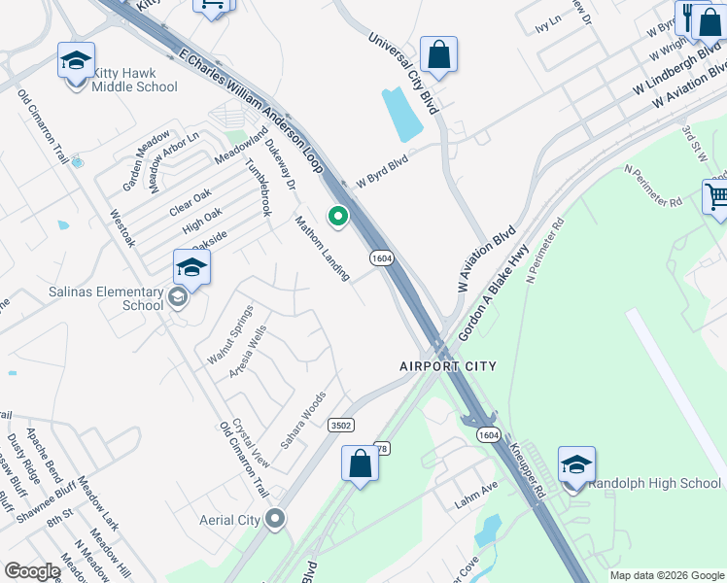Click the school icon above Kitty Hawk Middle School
pos(76,61)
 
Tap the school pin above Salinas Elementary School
pos(191,268)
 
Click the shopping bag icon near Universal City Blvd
pos(438,55)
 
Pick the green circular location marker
pos(338,217)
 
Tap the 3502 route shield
pos(340,426)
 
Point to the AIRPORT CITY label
pos(448,366)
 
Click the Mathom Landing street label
pos(323,248)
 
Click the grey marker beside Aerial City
pos(275,519)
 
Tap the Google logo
pos(32,571)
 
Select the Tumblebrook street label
pos(258,187)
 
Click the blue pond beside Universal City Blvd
pos(403,115)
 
